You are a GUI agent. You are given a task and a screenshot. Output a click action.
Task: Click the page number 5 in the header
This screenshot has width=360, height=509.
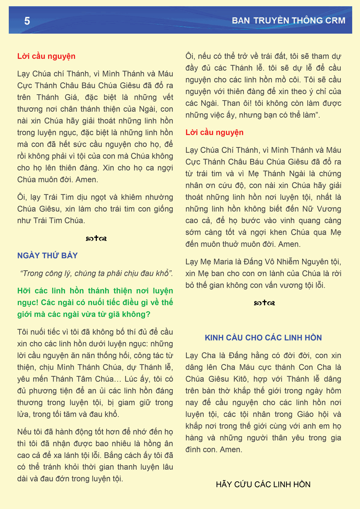(27, 21)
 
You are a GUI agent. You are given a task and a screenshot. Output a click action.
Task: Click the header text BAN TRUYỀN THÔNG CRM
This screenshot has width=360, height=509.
(288, 20)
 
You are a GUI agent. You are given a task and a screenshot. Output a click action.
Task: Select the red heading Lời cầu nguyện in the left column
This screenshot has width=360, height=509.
(46, 56)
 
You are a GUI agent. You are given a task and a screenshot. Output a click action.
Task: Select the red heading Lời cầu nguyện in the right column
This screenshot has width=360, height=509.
(214, 132)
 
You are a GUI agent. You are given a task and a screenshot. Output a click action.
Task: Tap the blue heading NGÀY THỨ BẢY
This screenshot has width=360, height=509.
(47, 256)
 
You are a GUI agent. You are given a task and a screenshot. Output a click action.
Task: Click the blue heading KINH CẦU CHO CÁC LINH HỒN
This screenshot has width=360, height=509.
(263, 338)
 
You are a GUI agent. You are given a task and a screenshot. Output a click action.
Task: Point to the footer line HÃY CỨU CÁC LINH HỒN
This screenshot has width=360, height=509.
(263, 484)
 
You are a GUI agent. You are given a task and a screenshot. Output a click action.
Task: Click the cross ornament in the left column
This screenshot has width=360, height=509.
(96, 238)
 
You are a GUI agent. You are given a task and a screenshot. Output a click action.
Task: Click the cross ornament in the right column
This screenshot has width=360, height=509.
(264, 303)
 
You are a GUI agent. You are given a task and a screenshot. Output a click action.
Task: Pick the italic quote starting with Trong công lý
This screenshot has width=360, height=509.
(96, 273)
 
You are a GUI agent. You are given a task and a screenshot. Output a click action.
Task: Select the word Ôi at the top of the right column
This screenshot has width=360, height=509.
(190, 56)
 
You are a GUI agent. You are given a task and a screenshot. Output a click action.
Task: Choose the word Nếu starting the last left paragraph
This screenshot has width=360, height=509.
(24, 432)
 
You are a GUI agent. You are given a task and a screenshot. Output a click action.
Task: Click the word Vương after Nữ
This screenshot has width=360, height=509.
(329, 209)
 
